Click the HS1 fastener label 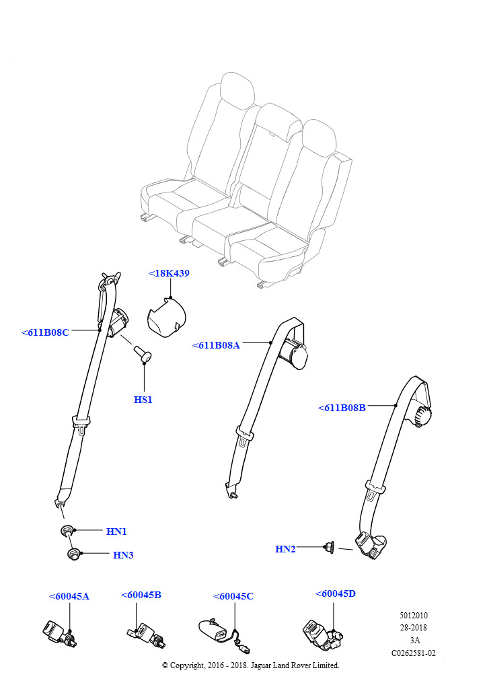(x=143, y=400)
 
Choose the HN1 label (x=116, y=532)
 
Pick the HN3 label (x=123, y=555)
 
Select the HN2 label (x=285, y=549)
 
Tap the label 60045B (x=141, y=595)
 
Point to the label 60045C (x=233, y=596)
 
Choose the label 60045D (x=336, y=593)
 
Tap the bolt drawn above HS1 (x=143, y=353)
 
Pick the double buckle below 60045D (x=322, y=632)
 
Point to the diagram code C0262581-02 (x=414, y=653)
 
